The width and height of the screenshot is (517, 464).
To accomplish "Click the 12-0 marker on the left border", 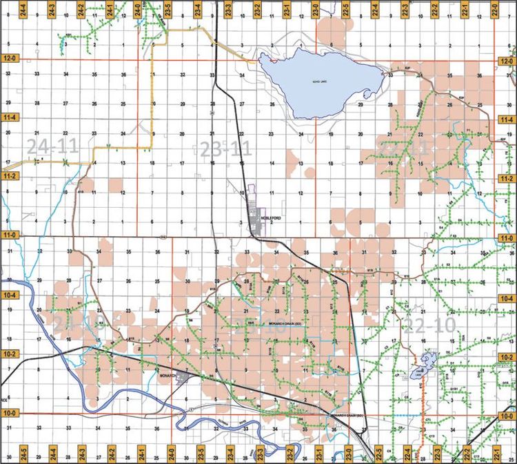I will pos(9,61).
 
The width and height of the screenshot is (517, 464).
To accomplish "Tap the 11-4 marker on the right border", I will pos(507,119).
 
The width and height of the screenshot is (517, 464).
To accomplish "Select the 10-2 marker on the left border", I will pos(9,354).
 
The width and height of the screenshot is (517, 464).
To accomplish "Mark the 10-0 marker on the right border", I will pos(507,413).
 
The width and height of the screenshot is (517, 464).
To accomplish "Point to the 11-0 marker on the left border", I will pos(9,237).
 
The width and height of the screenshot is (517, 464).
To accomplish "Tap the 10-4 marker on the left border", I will pos(9,296).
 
